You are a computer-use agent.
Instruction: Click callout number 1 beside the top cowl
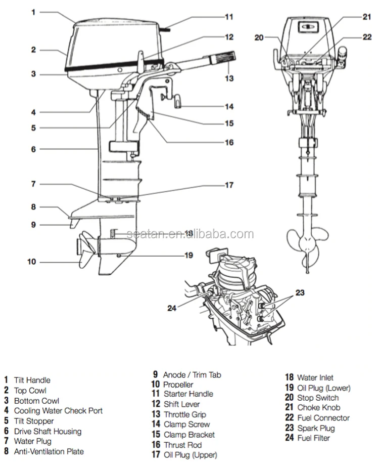pyautogui.click(x=33, y=12)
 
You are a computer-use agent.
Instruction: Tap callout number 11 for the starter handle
pyautogui.click(x=229, y=17)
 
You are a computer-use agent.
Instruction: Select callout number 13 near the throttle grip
pyautogui.click(x=229, y=78)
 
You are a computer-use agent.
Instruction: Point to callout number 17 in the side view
pyautogui.click(x=229, y=185)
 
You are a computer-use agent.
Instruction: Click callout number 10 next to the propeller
pyautogui.click(x=31, y=262)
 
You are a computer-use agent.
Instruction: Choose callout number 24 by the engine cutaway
pyautogui.click(x=172, y=307)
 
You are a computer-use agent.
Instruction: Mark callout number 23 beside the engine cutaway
pyautogui.click(x=301, y=292)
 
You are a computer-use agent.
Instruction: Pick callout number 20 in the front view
pyautogui.click(x=259, y=37)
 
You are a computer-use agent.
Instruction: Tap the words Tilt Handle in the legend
pyautogui.click(x=32, y=380)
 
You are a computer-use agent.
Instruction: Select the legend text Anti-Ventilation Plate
pyautogui.click(x=49, y=451)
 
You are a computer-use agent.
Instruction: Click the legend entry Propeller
pyautogui.click(x=178, y=385)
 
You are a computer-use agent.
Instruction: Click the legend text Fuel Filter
pyautogui.click(x=315, y=438)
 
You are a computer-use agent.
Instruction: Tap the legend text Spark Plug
pyautogui.click(x=316, y=428)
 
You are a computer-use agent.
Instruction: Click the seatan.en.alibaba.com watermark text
pyautogui.click(x=190, y=234)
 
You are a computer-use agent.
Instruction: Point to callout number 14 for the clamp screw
pyautogui.click(x=229, y=106)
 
